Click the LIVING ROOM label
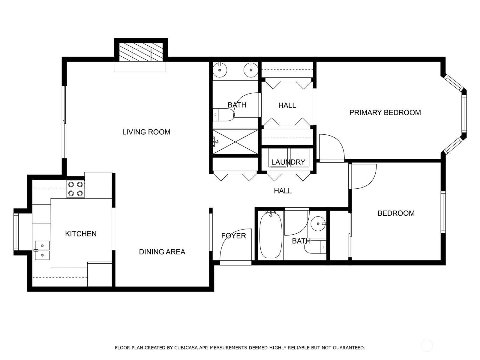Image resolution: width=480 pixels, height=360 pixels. [x=146, y=132]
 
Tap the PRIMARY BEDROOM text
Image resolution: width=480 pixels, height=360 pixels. [x=385, y=112]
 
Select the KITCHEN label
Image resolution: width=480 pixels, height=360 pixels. [x=81, y=234]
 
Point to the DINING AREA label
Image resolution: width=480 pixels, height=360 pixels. [x=162, y=252]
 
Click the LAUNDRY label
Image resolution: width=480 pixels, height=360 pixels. [x=288, y=162]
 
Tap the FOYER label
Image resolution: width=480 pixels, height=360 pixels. [x=233, y=236]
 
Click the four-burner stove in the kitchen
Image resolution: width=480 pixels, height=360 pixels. [x=76, y=189]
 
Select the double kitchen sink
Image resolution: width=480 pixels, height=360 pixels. [x=42, y=250]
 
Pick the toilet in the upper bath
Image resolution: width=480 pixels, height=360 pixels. [x=223, y=115]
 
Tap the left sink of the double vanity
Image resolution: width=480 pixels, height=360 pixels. [x=220, y=70]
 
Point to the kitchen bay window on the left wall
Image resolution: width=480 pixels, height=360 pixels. [x=16, y=232]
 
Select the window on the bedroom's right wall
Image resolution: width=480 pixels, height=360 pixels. [x=443, y=212]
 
